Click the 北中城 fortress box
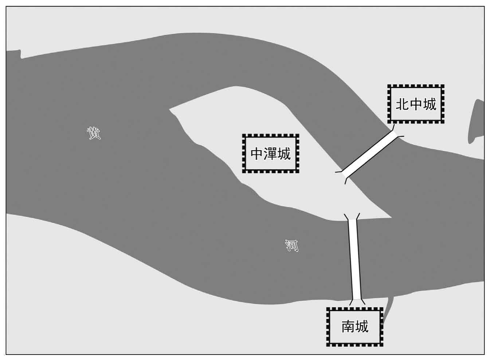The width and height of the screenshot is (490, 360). (416, 104)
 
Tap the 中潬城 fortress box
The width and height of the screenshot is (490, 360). (271, 154)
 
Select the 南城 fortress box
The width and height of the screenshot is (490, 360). (354, 327)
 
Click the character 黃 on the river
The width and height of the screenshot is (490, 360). (94, 133)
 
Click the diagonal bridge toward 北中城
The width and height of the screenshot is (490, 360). (369, 154)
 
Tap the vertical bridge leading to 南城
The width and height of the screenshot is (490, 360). (355, 259)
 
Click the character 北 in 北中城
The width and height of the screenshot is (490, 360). (402, 104)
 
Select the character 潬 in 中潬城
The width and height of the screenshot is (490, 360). (271, 154)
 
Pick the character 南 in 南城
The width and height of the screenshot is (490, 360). (348, 327)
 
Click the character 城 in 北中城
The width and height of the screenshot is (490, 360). (430, 104)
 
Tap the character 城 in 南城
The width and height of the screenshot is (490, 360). (362, 327)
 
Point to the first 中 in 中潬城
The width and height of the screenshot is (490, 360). (257, 154)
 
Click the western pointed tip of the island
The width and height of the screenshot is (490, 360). (169, 109)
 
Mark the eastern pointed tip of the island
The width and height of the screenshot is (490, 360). (391, 218)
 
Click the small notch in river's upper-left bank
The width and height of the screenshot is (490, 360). (21, 54)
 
